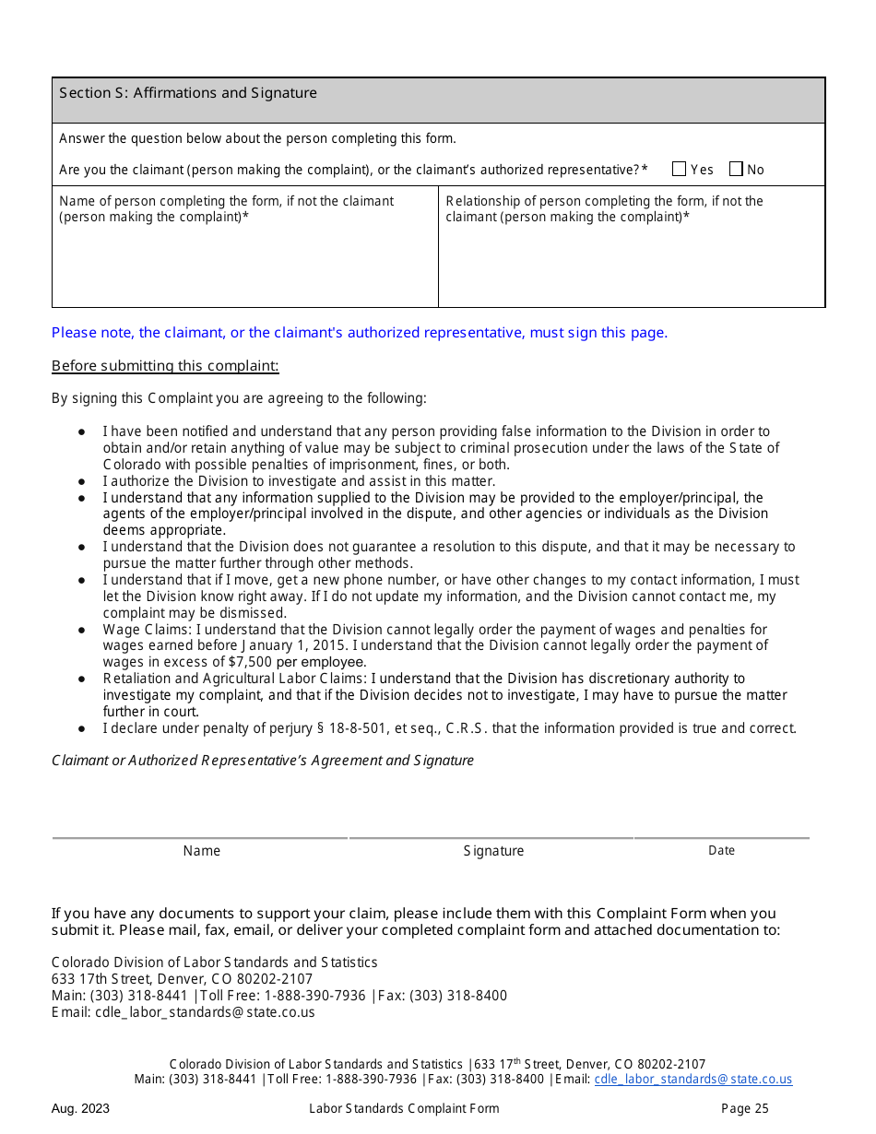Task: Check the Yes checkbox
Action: click(680, 169)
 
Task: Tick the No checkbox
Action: click(736, 169)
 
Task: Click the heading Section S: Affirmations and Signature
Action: click(188, 93)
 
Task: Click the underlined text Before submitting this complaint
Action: click(165, 366)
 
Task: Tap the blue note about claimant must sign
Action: click(360, 333)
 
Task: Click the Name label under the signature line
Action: click(201, 851)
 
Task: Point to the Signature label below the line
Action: click(493, 851)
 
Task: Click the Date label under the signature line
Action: click(721, 851)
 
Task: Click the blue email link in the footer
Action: click(693, 1080)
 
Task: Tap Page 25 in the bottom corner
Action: click(743, 1109)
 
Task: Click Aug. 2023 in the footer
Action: click(80, 1109)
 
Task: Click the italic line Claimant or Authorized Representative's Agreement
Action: click(263, 761)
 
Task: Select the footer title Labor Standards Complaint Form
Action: click(404, 1109)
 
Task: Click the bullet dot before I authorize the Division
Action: click(82, 481)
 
